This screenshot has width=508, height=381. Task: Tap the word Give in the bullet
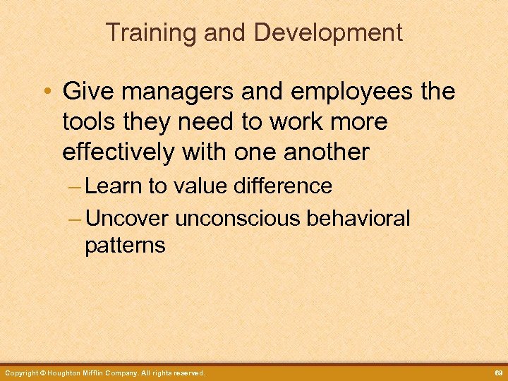87,91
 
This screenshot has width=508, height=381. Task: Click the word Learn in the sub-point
116,186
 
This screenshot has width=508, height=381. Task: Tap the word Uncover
127,219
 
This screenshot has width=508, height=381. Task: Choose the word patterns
125,246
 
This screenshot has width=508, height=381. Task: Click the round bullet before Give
48,92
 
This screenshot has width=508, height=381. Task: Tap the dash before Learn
75,188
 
